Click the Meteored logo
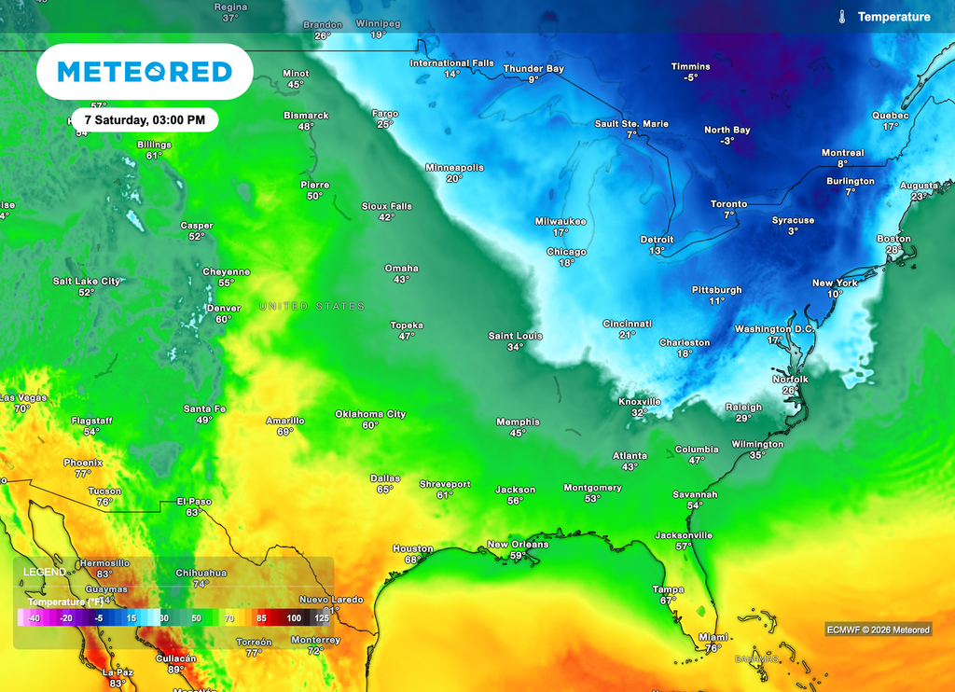145,72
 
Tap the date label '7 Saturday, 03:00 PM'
145,120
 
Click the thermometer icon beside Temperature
841,17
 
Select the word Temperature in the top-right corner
893,17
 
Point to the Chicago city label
566,252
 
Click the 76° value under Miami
713,648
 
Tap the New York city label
835,283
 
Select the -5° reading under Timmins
690,77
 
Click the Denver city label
224,308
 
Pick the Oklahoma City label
370,414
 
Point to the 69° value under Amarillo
285,432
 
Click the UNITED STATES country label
311,307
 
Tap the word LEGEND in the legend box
45,572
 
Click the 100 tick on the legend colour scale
294,618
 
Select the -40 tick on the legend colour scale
34,618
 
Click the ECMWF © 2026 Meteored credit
878,630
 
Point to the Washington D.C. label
774,329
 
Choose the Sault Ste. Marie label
631,124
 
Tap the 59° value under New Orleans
519,556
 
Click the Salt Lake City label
86,281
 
